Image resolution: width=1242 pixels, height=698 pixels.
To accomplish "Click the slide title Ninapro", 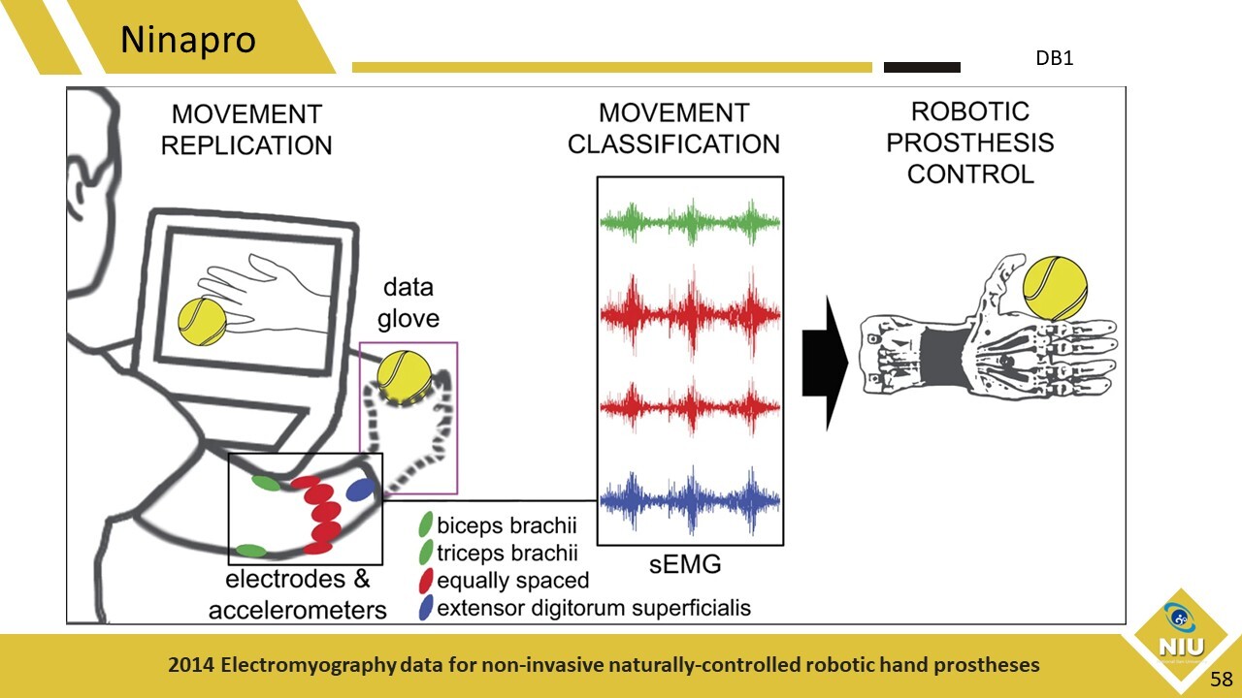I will pos(188,41).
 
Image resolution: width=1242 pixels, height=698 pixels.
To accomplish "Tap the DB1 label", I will pos(1054,58).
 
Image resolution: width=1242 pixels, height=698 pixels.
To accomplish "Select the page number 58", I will pos(1221,679).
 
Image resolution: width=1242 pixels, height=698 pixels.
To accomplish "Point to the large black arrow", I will pos(824,363).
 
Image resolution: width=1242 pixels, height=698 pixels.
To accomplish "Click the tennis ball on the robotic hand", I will pos(1057,288).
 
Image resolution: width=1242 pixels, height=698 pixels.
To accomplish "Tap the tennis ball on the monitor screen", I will pos(202,322).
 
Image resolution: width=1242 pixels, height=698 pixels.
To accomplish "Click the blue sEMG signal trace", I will pos(690,499).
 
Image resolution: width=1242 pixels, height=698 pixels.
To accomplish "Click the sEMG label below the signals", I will pos(689,565).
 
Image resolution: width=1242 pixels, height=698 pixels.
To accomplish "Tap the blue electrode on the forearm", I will pos(360,491).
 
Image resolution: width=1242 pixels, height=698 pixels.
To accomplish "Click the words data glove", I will pos(409,302).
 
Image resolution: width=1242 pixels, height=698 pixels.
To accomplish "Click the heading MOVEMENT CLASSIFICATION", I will pos(673,128).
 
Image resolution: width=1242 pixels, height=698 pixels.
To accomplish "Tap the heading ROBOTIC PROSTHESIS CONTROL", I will pos(969,143).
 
